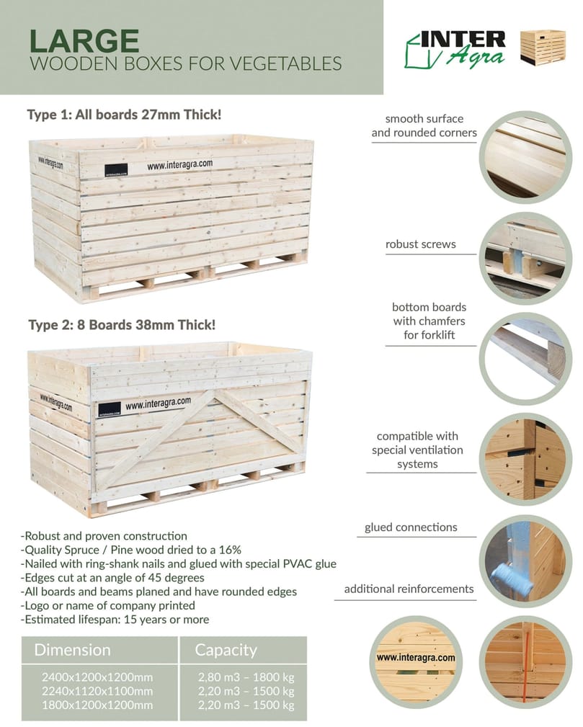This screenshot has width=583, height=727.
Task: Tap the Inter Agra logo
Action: click(x=455, y=48)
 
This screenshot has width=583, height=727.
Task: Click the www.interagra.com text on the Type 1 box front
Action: click(x=179, y=165)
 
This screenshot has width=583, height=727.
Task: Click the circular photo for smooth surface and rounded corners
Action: click(x=525, y=157)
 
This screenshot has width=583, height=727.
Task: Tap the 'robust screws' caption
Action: click(x=420, y=244)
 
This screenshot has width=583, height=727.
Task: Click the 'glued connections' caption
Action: click(x=410, y=527)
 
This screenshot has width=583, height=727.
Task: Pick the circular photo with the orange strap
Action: click(x=525, y=661)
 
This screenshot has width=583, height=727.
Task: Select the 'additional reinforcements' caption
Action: click(x=409, y=589)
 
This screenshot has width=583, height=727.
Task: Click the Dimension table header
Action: click(x=73, y=650)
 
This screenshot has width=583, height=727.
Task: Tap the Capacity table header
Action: click(x=226, y=650)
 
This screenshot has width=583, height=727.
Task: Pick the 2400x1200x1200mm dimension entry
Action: click(x=98, y=677)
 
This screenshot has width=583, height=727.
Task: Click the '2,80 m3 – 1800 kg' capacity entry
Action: click(x=246, y=677)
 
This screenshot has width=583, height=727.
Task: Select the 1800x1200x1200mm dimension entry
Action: click(x=98, y=705)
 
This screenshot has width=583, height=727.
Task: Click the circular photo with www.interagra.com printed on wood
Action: click(x=416, y=658)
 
